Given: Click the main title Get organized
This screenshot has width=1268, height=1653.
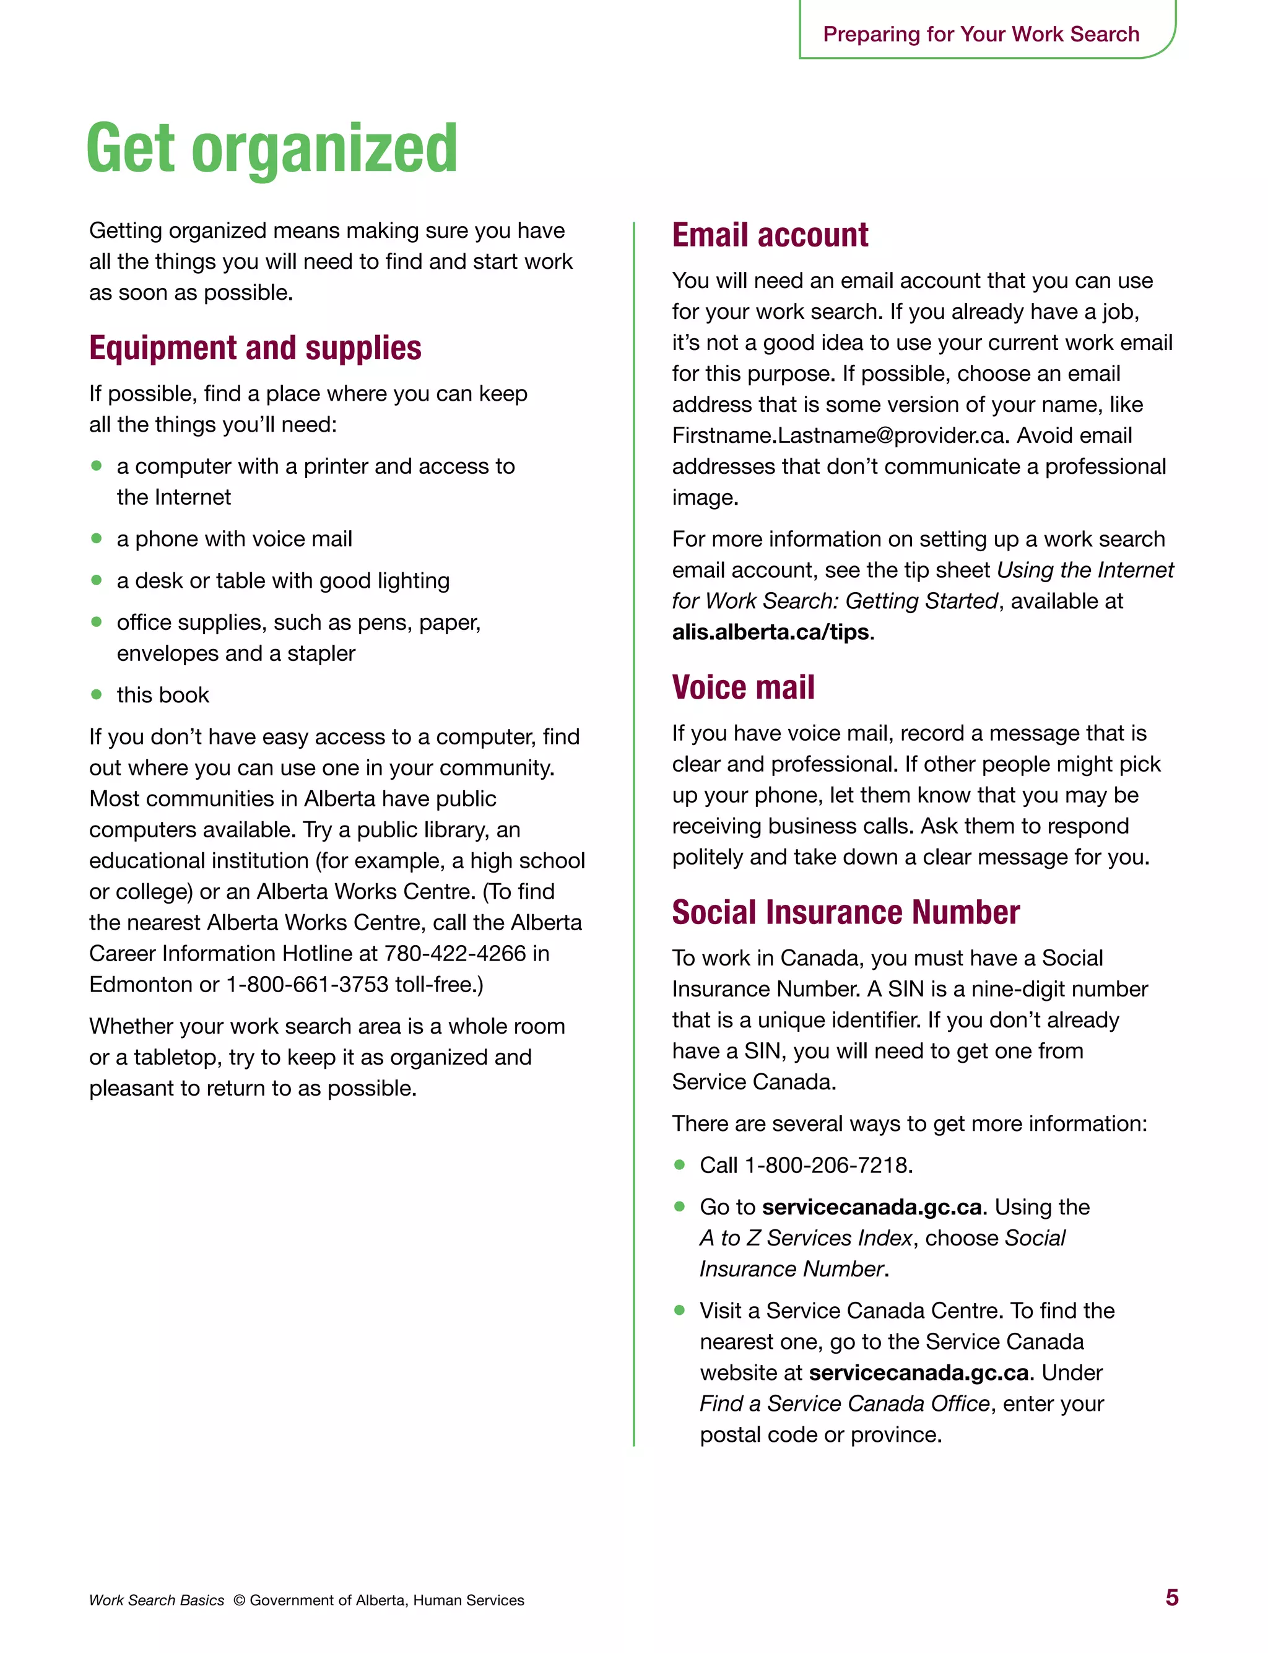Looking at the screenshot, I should (272, 149).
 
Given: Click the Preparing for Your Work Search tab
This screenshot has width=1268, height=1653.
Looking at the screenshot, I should (981, 34).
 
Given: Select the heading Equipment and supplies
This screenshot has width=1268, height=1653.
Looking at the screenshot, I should (255, 348).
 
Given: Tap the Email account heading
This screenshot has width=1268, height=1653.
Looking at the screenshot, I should (770, 235).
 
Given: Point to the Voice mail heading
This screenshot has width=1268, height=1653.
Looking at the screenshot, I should (743, 687).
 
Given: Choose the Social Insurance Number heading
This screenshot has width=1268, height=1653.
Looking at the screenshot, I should (845, 912).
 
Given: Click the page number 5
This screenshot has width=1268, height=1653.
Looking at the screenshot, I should (1171, 1597).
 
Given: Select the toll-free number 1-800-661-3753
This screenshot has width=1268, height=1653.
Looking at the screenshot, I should (307, 984).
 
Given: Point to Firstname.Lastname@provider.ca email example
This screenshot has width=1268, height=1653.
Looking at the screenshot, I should (838, 435).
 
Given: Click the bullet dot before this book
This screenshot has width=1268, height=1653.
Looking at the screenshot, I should (96, 694).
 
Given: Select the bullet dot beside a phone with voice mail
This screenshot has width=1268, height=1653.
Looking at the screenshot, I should (96, 538).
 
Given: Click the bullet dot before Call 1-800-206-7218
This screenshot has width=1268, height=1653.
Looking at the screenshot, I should (679, 1164).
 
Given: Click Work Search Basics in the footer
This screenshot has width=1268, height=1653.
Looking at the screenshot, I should (156, 1600).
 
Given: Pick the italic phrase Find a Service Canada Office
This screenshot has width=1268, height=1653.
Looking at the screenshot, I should (844, 1403).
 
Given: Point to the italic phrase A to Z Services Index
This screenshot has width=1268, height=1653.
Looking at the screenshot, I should (806, 1238).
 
